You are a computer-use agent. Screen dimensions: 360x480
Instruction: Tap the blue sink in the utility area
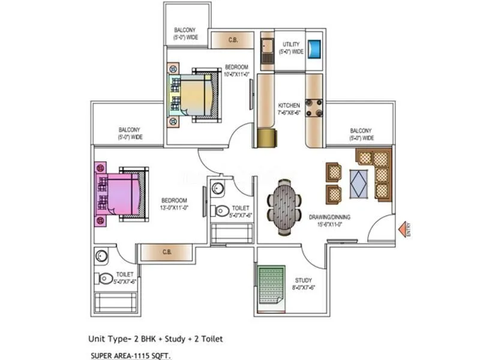[314, 47]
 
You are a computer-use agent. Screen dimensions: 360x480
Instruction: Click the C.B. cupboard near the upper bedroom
[232, 40]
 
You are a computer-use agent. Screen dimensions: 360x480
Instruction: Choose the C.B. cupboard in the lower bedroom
[167, 253]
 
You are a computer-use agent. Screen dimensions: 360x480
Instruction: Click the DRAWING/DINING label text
[329, 220]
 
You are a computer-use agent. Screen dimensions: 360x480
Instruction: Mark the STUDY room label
[303, 283]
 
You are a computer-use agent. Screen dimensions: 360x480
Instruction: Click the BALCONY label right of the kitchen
[361, 134]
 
